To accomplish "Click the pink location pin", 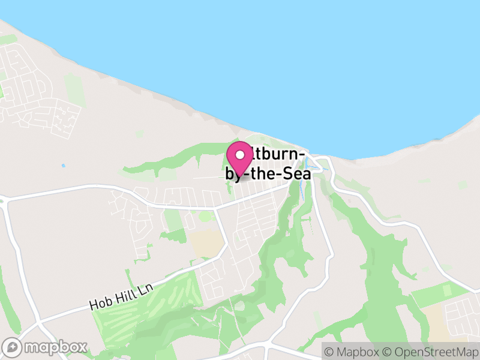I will tap(240, 159).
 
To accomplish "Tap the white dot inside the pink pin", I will tap(240, 155).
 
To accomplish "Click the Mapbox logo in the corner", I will tap(45, 347).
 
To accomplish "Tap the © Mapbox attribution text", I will tap(351, 350).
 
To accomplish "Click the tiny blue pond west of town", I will tap(63, 165).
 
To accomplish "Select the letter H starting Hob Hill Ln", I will tap(94, 304).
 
